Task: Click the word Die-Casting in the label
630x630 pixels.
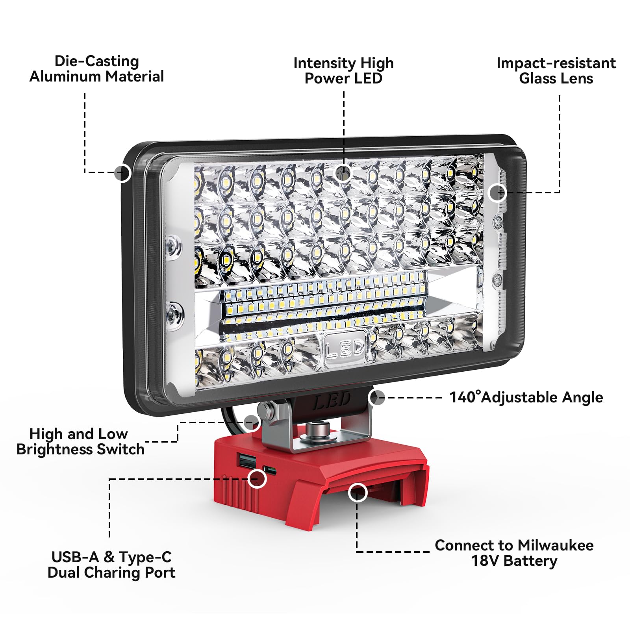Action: [x=96, y=61]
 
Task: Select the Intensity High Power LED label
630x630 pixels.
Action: [x=343, y=71]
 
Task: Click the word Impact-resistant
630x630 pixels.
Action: [x=556, y=63]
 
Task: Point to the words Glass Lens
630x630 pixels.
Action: [x=556, y=78]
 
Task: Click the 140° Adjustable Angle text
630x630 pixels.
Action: [x=526, y=397]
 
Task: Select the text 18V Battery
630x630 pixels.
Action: [x=514, y=561]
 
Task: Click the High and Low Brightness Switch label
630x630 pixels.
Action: [x=80, y=442]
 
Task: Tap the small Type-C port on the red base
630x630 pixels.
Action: [x=269, y=470]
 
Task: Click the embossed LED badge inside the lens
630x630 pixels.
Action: [x=345, y=348]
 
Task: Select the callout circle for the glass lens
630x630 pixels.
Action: [x=497, y=193]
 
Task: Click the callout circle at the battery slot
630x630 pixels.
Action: [x=358, y=492]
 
